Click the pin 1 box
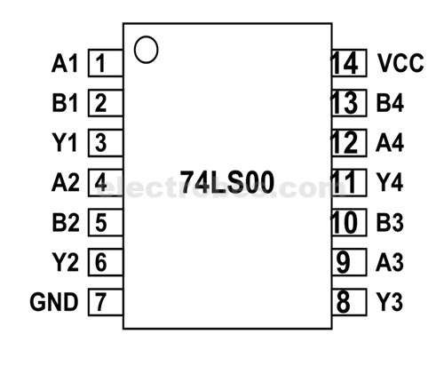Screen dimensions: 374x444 click(103, 64)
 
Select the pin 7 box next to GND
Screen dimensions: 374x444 click(103, 302)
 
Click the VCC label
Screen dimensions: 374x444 click(400, 64)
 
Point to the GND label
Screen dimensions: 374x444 click(54, 302)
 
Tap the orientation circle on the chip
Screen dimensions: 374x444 click(147, 50)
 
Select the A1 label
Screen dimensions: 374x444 click(66, 64)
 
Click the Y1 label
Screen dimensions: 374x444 click(66, 143)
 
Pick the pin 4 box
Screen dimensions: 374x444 click(103, 183)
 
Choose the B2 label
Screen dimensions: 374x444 click(66, 222)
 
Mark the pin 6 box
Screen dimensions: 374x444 click(103, 262)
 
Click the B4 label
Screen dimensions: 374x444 click(390, 104)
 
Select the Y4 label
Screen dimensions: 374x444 click(390, 183)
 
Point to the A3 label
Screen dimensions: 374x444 click(390, 262)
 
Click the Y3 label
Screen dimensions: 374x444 click(390, 302)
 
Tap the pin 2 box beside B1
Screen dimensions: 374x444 click(103, 104)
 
